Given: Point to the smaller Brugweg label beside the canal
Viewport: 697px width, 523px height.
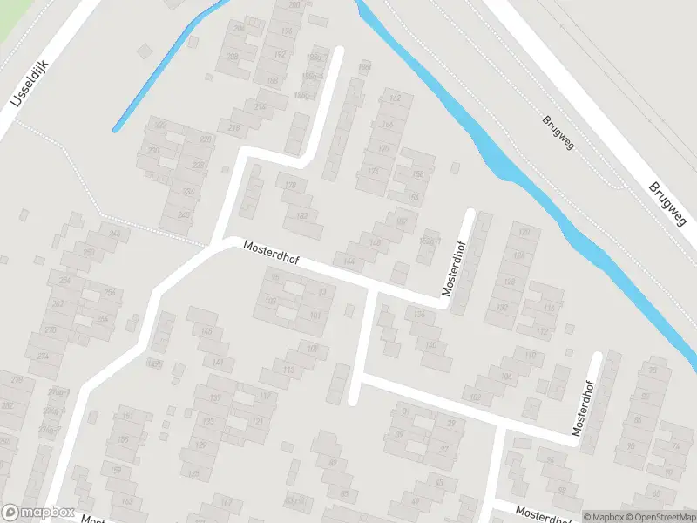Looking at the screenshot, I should click(x=558, y=132).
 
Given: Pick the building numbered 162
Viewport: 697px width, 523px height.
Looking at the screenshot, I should click(x=395, y=98).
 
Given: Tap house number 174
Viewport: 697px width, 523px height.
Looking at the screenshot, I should click(x=374, y=171).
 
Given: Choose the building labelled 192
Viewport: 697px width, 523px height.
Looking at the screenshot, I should click(x=281, y=54).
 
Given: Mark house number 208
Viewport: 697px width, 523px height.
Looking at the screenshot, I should click(x=233, y=57).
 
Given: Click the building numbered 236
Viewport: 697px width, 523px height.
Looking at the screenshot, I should click(x=188, y=192).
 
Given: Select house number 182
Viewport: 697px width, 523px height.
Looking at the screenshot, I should click(x=302, y=216).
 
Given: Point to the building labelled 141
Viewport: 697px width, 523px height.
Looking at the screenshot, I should click(x=219, y=362).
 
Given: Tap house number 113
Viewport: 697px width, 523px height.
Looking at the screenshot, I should click(x=288, y=370).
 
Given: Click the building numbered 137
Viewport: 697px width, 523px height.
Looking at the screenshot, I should click(x=200, y=445).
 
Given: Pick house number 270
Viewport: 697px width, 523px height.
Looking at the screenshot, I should click(x=50, y=330).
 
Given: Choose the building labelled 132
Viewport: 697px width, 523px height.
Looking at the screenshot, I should click(x=501, y=308).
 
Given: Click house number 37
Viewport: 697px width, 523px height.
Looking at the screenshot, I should click(x=443, y=449).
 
